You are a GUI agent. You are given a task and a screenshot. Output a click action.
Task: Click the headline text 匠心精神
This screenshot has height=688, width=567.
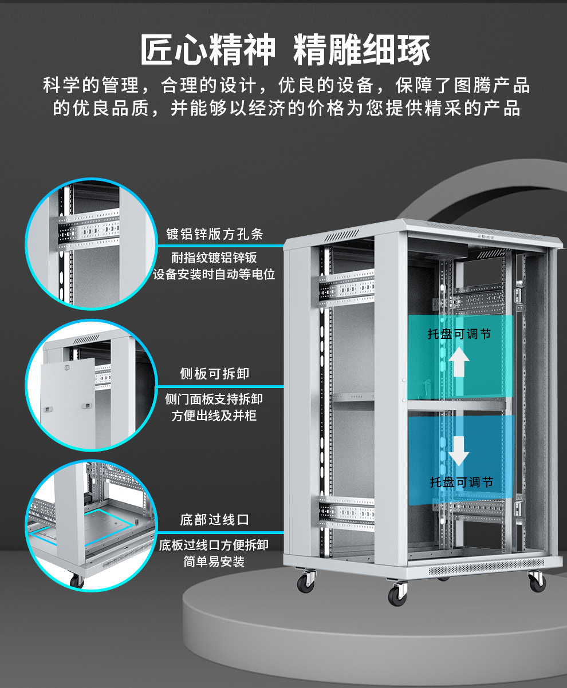tap(208, 50)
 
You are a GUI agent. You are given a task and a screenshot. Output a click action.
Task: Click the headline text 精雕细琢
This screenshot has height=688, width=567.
tap(361, 50)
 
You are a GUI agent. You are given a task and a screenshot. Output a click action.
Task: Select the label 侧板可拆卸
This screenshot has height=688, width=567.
tap(215, 374)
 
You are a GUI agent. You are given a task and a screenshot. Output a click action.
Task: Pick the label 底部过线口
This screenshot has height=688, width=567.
tap(215, 520)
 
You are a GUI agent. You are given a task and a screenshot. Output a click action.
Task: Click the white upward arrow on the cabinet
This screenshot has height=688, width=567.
tap(459, 362)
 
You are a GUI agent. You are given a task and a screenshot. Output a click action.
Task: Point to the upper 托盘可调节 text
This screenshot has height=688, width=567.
tap(459, 334)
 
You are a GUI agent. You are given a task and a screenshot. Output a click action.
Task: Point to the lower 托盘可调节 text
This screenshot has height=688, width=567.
tap(462, 482)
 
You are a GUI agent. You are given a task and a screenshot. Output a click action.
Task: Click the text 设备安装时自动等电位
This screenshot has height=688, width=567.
tap(214, 275)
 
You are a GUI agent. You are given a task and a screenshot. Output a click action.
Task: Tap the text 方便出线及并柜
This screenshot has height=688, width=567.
tap(214, 416)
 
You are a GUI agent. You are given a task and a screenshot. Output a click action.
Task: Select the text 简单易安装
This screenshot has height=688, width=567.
tap(214, 562)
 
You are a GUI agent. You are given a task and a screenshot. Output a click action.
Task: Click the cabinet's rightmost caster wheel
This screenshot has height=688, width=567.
tap(537, 581)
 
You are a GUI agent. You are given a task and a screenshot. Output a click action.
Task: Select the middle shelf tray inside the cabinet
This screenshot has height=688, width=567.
tap(367, 397)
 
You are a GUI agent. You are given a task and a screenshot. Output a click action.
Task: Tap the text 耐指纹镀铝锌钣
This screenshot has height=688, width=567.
tap(214, 258)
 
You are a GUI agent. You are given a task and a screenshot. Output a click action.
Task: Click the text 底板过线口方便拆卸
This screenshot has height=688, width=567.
tap(214, 545)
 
